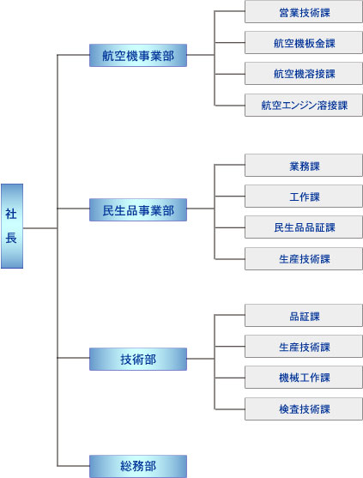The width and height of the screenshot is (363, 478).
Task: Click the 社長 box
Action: coord(12,226)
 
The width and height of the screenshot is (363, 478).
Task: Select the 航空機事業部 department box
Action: coord(138,55)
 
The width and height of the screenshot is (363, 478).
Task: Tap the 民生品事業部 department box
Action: coord(138,209)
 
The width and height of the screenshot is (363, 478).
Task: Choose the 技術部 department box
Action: coord(138,359)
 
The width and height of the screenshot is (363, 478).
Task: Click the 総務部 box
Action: coord(138,466)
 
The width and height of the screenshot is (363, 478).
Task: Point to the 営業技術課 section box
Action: coord(304,12)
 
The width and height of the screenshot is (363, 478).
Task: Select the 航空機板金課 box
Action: coord(304,43)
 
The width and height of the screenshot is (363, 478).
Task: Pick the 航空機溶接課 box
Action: coord(304,74)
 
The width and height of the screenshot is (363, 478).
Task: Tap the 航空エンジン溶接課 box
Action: coord(304,106)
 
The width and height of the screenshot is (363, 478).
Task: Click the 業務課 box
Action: coord(304,166)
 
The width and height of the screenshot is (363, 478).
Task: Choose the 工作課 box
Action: coord(304,197)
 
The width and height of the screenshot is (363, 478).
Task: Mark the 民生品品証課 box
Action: coord(304,227)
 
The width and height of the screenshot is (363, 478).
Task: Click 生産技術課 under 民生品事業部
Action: coord(304,259)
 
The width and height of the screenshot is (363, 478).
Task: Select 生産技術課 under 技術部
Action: coord(304,347)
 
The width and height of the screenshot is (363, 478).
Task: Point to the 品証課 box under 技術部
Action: coord(304,316)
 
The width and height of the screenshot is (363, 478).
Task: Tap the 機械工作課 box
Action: coord(304,378)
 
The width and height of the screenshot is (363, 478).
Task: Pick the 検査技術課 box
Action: coord(304,409)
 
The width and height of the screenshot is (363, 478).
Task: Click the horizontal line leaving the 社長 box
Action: coord(40,228)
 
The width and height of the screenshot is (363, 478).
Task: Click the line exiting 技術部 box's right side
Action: coord(201,359)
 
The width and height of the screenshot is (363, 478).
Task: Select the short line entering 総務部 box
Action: coord(73,466)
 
